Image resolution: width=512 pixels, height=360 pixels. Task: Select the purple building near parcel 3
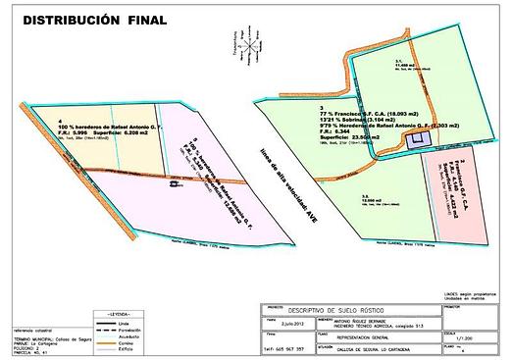tap(414, 141)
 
